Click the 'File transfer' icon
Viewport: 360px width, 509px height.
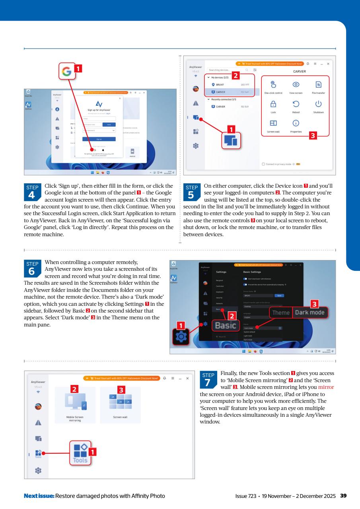318,85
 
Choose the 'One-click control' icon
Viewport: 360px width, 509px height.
273,85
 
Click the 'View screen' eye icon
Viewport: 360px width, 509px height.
296,85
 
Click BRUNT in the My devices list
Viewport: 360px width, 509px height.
220,84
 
